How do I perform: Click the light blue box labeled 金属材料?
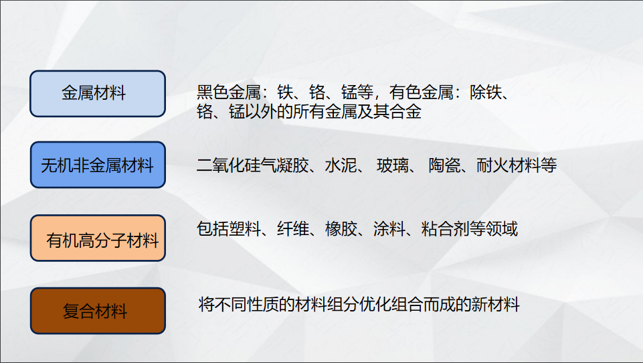[x=98, y=93]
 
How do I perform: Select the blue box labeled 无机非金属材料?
[x=98, y=165]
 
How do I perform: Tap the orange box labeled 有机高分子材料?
[x=98, y=238]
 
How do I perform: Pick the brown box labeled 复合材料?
[x=98, y=311]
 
